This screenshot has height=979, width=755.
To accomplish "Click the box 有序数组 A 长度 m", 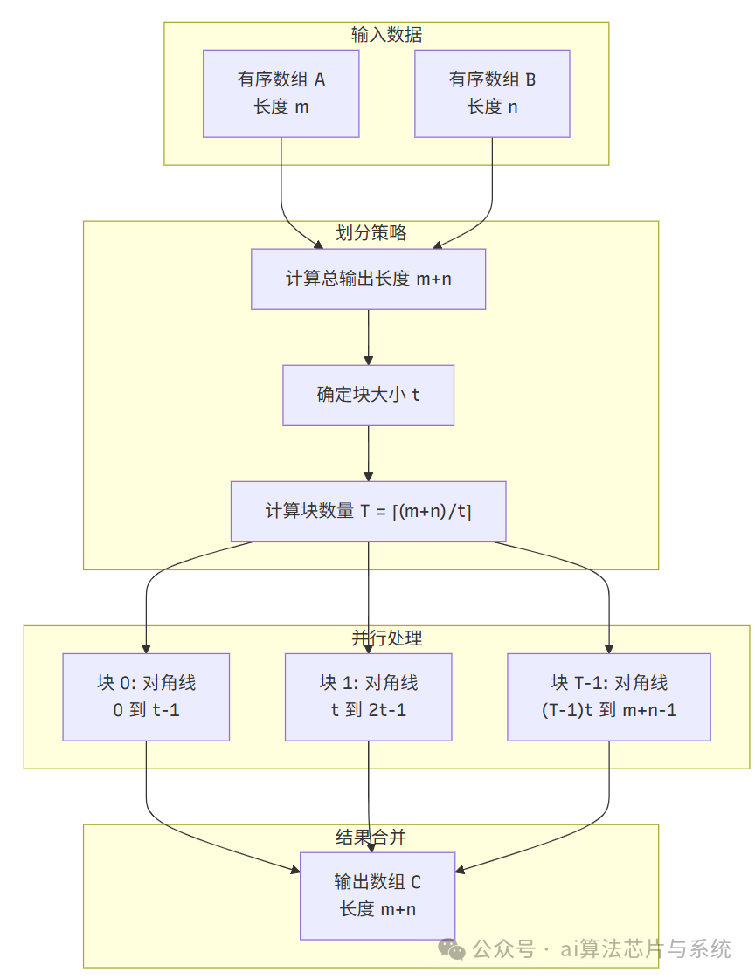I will pos(281,93).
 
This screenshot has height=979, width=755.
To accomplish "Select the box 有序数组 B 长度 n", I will pos(492,93).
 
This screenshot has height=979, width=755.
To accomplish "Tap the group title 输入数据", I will pos(386,35).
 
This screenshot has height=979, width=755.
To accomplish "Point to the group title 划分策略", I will pos(371,232).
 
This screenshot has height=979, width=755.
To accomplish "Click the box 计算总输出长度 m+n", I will pos(368,279).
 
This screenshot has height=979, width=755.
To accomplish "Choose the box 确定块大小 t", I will pos(368,395).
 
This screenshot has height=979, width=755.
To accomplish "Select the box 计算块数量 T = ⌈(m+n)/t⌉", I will pos(368,511).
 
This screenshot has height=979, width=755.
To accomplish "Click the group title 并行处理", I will pos(386,638).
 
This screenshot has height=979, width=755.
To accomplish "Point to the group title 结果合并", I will pos(371,837).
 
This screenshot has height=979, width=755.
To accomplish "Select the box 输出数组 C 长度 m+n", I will pos(377,895).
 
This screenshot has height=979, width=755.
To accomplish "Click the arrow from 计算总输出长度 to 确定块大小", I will pos(368,337).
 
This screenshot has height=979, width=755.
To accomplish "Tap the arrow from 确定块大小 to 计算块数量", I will pos(368,453).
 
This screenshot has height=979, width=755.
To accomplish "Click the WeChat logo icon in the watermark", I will pos(452,948).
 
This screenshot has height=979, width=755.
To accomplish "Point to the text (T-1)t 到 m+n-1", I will pos(609,710).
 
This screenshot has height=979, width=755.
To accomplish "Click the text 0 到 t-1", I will pos(146,710).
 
